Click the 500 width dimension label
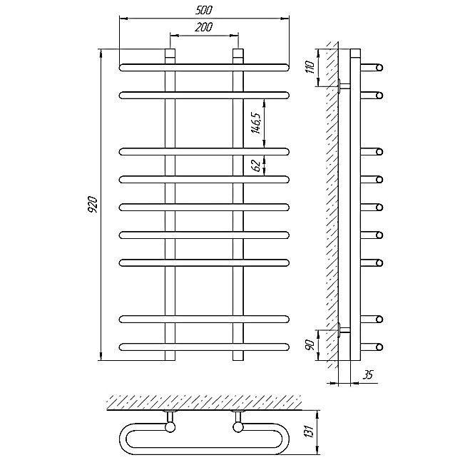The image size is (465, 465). [204, 10]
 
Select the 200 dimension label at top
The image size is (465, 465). [204, 27]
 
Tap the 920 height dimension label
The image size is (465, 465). [93, 204]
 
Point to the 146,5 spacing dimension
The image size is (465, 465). [256, 123]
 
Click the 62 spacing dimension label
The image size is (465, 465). [256, 165]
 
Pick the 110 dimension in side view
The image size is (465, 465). [310, 67]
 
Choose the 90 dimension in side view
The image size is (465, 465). [310, 344]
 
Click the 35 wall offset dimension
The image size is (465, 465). [368, 374]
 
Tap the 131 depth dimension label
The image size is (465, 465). [309, 432]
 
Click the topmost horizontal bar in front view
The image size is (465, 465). [204, 68]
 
